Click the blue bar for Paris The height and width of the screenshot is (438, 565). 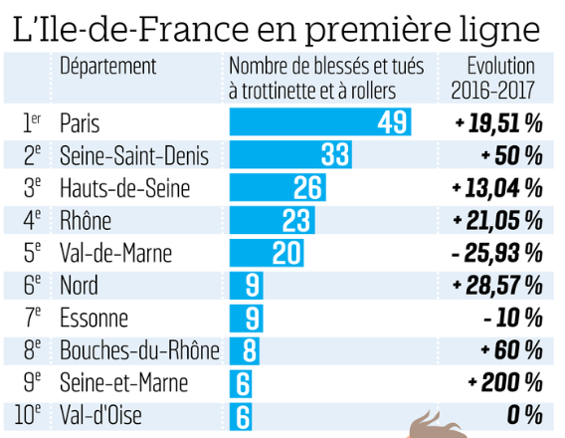coord(319,123)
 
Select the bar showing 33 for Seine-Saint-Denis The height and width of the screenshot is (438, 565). coord(290,155)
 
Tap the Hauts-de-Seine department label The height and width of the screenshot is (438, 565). coord(124,187)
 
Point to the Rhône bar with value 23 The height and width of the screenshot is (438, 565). coord(272,220)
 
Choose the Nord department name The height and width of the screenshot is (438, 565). coord(79,286)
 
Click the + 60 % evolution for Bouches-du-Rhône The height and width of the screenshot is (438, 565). coord(510,350)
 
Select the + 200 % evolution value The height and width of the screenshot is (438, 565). coord(504,382)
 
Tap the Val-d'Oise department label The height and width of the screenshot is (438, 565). coord(101,415)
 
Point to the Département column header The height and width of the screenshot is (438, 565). coord(108,67)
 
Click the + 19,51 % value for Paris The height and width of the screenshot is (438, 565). coord(497,123)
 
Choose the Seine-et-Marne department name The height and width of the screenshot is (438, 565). coord(121,382)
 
